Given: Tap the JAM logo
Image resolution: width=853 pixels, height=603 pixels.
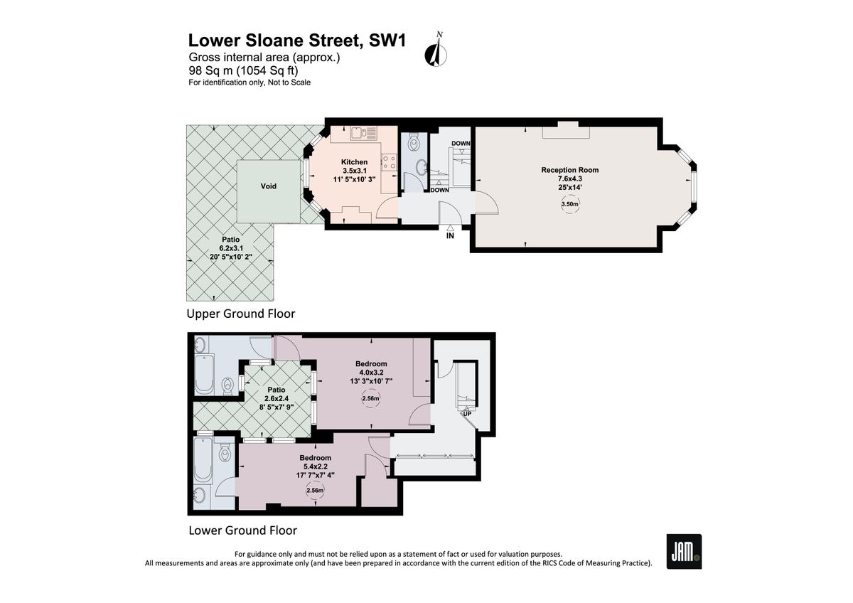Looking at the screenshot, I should pyautogui.click(x=684, y=551).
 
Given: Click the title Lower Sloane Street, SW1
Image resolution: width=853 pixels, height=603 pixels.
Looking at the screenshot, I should pyautogui.click(x=297, y=41).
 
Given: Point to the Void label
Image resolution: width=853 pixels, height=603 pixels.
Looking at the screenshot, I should pyautogui.click(x=268, y=186).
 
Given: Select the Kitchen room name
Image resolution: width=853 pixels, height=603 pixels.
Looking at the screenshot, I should pyautogui.click(x=354, y=162).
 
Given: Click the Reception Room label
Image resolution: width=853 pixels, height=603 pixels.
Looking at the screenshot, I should pyautogui.click(x=569, y=170).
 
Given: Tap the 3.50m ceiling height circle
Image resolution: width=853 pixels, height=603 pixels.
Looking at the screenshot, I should pyautogui.click(x=569, y=204).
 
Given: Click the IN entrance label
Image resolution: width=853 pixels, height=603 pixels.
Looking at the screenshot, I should pyautogui.click(x=449, y=235).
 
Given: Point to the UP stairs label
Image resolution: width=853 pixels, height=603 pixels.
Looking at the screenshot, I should pyautogui.click(x=466, y=413).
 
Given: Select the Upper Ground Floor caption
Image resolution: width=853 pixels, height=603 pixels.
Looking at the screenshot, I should pyautogui.click(x=240, y=314).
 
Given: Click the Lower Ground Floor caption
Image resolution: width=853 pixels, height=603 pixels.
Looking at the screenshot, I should pyautogui.click(x=242, y=530).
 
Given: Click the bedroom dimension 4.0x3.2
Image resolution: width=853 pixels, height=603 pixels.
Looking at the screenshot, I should pyautogui.click(x=371, y=372).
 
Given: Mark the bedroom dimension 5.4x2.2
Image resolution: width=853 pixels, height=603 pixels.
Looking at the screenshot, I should pyautogui.click(x=315, y=466).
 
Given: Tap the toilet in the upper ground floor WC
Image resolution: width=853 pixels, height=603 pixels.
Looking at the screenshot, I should pyautogui.click(x=413, y=144).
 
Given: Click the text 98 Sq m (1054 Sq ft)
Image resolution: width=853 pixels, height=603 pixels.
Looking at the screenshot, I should pyautogui.click(x=243, y=70).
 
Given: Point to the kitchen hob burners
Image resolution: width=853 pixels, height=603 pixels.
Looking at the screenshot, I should pyautogui.click(x=389, y=163).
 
